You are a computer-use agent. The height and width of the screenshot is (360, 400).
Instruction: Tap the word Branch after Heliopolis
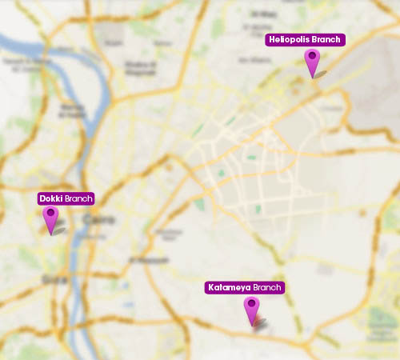click(x=327, y=39)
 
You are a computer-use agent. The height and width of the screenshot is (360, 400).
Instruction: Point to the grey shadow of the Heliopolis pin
click(x=321, y=74)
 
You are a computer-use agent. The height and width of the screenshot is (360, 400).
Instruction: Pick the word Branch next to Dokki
click(x=79, y=198)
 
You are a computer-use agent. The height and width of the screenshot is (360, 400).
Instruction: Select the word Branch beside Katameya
click(x=267, y=287)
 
